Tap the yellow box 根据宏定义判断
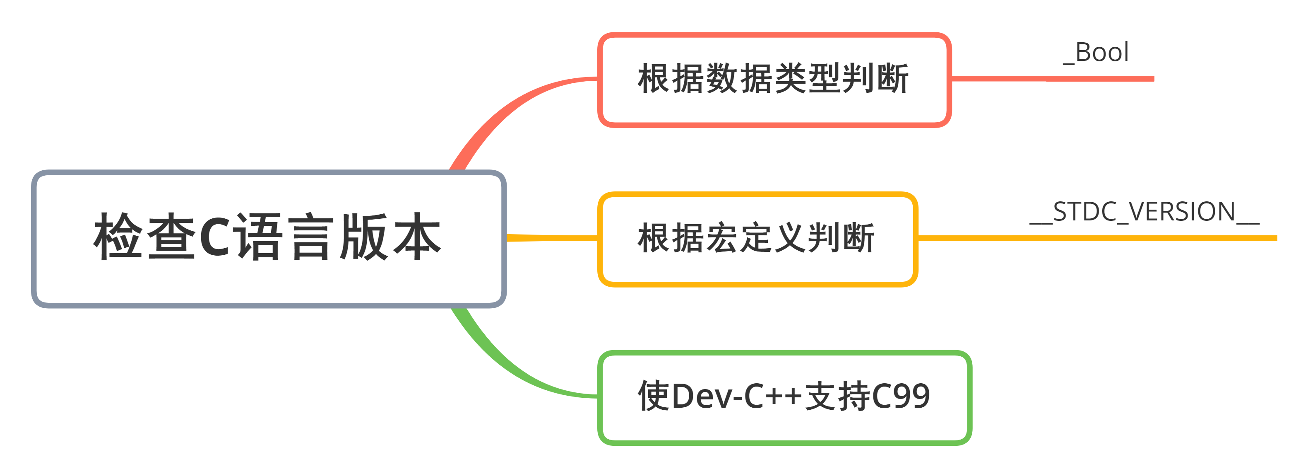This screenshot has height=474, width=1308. (757, 239)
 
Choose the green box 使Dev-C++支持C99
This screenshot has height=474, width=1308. (784, 397)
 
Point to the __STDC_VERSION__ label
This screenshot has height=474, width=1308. (1144, 212)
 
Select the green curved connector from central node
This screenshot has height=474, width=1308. (508, 366)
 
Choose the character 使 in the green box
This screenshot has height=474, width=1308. (654, 396)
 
